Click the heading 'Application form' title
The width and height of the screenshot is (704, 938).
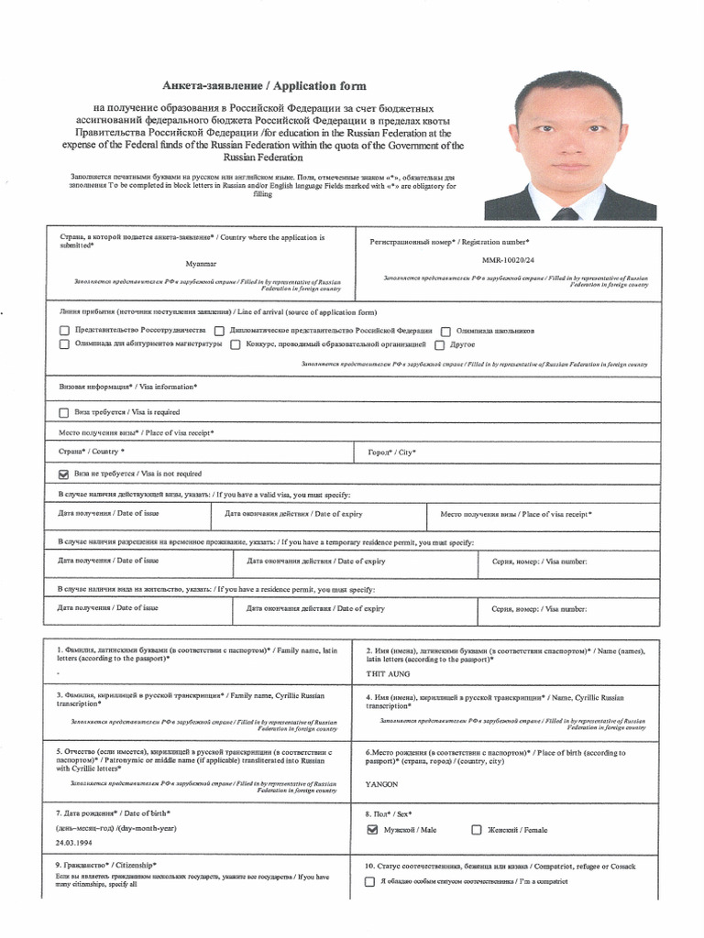(264, 86)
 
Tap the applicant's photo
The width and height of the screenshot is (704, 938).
(570, 146)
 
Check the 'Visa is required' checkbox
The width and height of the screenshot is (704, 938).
(64, 412)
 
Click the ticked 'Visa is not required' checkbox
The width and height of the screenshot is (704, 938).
(64, 474)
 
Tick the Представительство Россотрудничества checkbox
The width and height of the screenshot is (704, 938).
(64, 331)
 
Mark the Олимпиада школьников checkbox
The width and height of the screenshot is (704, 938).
(445, 331)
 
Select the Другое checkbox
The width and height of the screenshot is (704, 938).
(440, 344)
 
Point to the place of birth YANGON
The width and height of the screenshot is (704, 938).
(382, 784)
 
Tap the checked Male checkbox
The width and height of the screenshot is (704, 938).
(371, 830)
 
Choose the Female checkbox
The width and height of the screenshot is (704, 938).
(476, 830)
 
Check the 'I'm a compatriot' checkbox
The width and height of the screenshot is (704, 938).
(369, 882)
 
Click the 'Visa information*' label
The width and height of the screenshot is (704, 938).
(127, 387)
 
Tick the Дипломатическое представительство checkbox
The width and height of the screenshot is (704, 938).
(220, 331)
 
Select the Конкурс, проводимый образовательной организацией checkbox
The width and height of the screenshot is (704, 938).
(236, 344)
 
